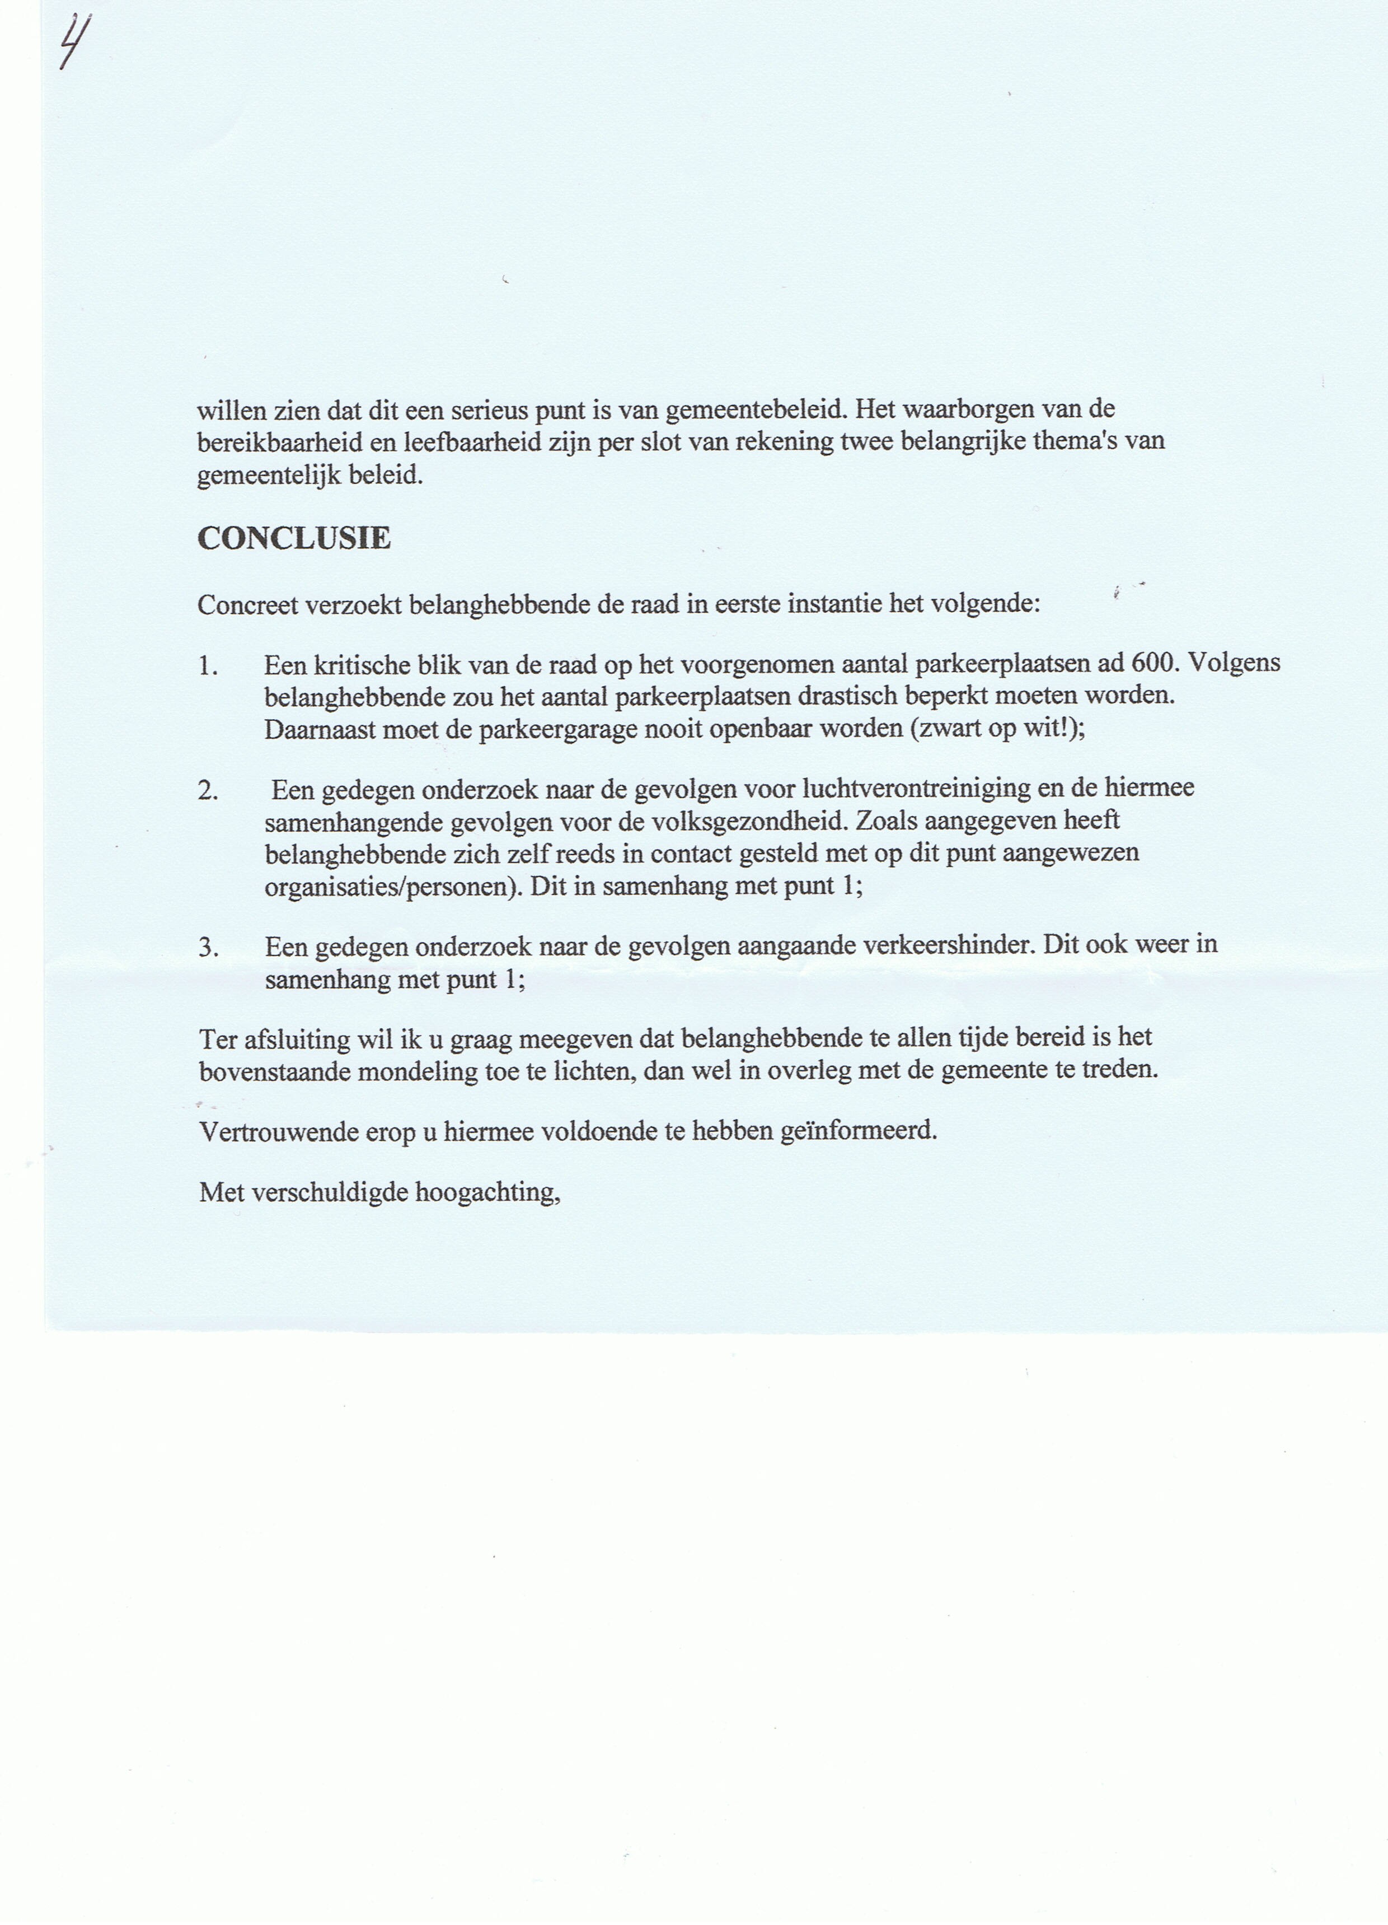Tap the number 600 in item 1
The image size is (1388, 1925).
[1155, 663]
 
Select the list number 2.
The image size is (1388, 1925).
[208, 790]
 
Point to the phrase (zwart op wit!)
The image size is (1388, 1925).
[995, 729]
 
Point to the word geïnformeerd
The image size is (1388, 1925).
[859, 1131]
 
